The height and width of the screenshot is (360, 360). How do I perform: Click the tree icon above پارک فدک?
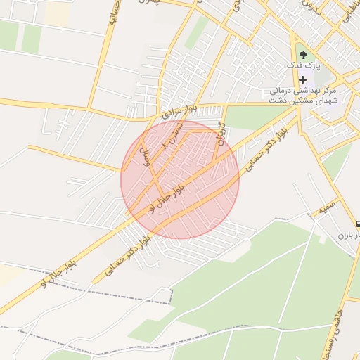(302, 53)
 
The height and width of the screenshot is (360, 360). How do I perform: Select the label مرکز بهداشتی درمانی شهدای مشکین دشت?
(303, 96)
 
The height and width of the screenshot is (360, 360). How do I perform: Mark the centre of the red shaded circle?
(180, 180)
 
